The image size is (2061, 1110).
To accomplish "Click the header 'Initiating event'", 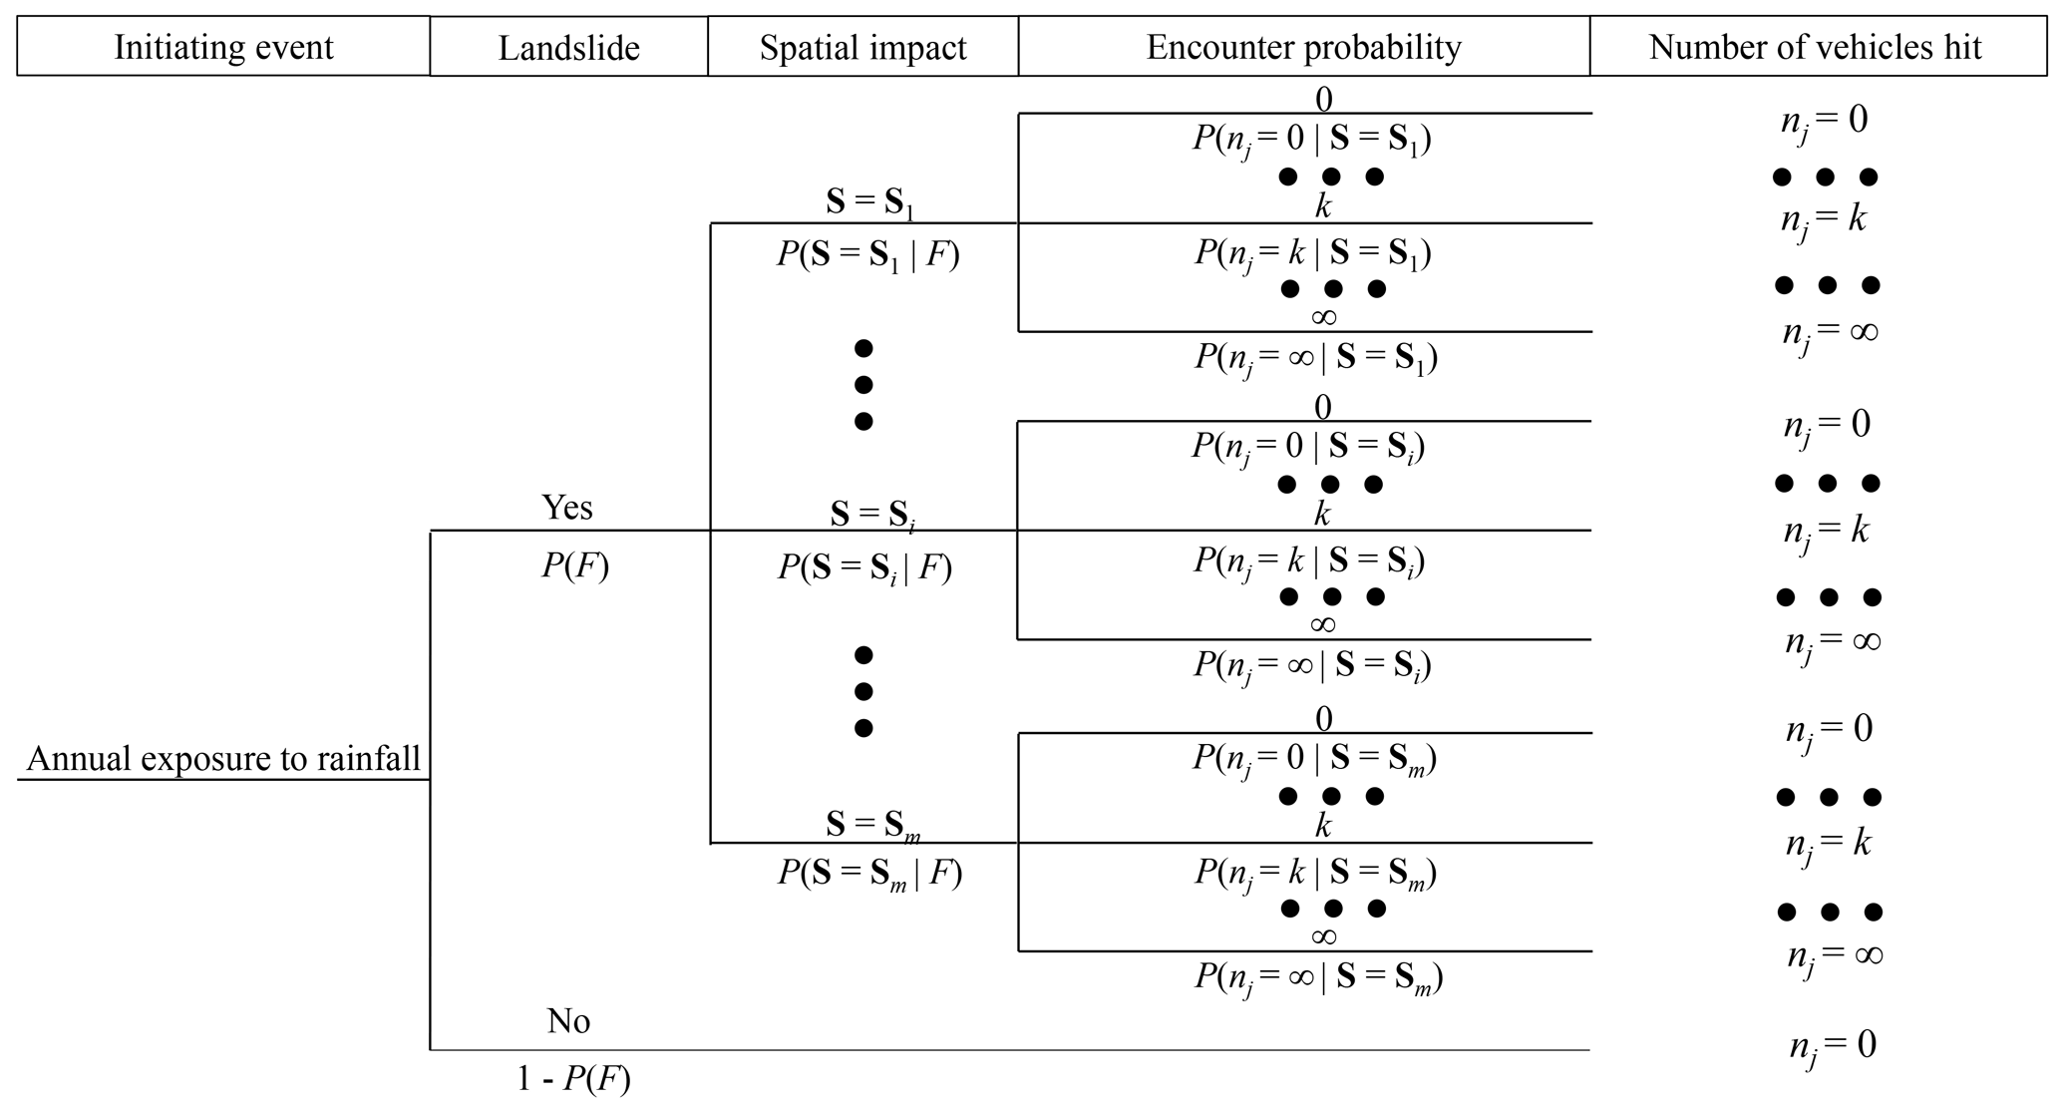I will coord(223,47).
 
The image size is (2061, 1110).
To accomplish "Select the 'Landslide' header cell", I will coord(568,48).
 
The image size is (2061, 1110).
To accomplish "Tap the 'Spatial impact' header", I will coord(862,48).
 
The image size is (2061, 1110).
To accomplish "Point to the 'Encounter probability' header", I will coord(1303,47).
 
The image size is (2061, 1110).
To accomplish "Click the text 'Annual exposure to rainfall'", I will coord(223,759).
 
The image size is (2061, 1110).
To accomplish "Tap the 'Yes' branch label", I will coord(567,508).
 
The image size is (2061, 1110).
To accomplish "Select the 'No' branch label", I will coord(568,1021).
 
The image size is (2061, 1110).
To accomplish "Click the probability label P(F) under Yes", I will coord(575,566).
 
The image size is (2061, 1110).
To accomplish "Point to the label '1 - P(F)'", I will coord(573,1079).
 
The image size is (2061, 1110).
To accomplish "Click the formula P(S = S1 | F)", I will coord(867,256).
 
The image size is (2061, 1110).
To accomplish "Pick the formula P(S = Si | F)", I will coord(864,568).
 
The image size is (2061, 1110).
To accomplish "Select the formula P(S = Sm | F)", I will coord(869,874).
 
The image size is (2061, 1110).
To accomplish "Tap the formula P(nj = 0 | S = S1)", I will coord(1311,140).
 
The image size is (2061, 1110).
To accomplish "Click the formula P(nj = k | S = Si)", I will coord(1309,561).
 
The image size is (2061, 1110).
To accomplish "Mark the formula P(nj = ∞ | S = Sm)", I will coord(1318,977).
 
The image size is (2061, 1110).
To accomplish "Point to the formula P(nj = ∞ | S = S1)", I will coord(1316,358).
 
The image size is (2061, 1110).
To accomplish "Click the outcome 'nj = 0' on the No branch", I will coord(1832,1045).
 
